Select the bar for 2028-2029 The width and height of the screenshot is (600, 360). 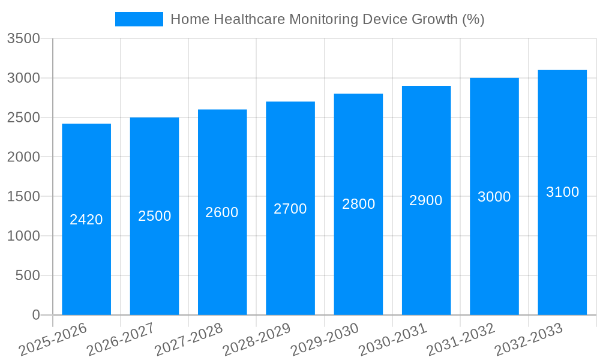(x=290, y=252)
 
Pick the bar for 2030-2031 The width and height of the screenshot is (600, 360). (x=426, y=252)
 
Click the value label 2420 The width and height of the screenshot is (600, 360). (x=86, y=220)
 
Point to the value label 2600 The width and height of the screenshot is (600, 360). (x=222, y=212)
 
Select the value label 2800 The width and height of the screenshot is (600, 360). (x=358, y=204)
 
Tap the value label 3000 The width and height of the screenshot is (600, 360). (x=494, y=197)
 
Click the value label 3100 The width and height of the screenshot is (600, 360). (x=562, y=192)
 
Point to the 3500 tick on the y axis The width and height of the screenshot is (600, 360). (x=23, y=39)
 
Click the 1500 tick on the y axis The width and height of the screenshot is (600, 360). (x=23, y=197)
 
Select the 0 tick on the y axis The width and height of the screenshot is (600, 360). (x=35, y=315)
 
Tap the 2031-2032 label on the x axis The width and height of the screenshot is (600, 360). (x=461, y=340)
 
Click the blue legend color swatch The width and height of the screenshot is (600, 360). (x=139, y=19)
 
